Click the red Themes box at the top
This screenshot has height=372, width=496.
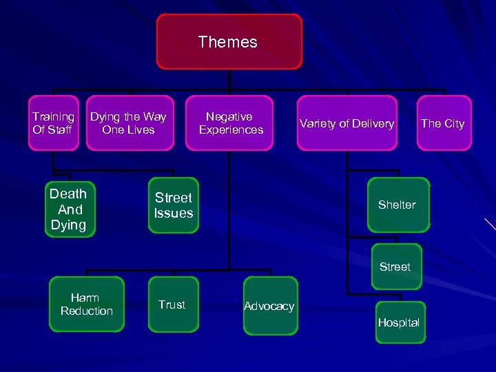pyautogui.click(x=229, y=42)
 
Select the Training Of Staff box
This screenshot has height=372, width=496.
pyautogui.click(x=53, y=123)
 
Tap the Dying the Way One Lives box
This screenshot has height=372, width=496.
pyautogui.click(x=128, y=123)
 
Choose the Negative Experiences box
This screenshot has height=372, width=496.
pyautogui.click(x=230, y=123)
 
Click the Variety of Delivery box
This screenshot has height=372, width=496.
pyautogui.click(x=347, y=123)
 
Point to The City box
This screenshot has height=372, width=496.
pyautogui.click(x=443, y=123)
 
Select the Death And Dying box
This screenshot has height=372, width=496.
pyautogui.click(x=70, y=209)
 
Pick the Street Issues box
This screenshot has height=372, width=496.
pyautogui.click(x=174, y=206)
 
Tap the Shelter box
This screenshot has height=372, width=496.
pyautogui.click(x=397, y=205)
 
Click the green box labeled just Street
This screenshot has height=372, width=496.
pyautogui.click(x=395, y=267)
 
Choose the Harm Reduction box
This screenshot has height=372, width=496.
pyautogui.click(x=86, y=304)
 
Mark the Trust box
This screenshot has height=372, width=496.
pyautogui.click(x=172, y=304)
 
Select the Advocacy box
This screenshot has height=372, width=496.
pyautogui.click(x=269, y=306)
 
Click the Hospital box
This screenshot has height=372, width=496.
pyautogui.click(x=400, y=322)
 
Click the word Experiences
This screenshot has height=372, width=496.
pyautogui.click(x=231, y=130)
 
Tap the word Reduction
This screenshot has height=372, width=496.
pyautogui.click(x=87, y=311)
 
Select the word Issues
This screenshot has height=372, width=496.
pyautogui.click(x=174, y=214)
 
